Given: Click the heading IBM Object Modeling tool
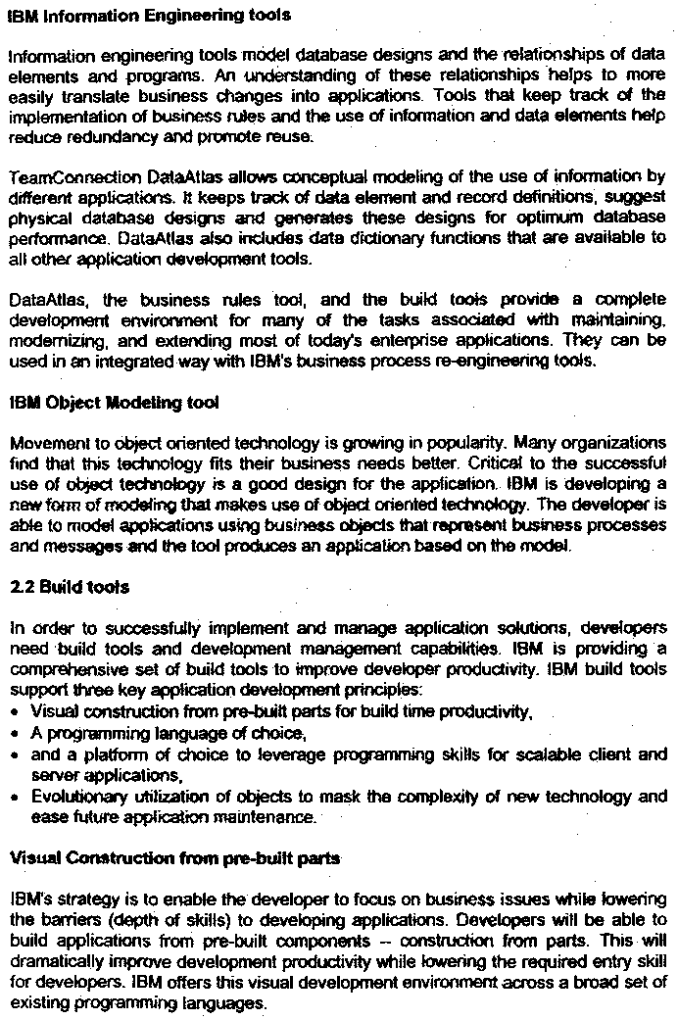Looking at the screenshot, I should [x=114, y=403].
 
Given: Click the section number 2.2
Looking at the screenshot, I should [x=21, y=588].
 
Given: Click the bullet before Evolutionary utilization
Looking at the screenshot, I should [x=16, y=798].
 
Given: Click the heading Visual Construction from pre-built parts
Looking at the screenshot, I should [x=174, y=858].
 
